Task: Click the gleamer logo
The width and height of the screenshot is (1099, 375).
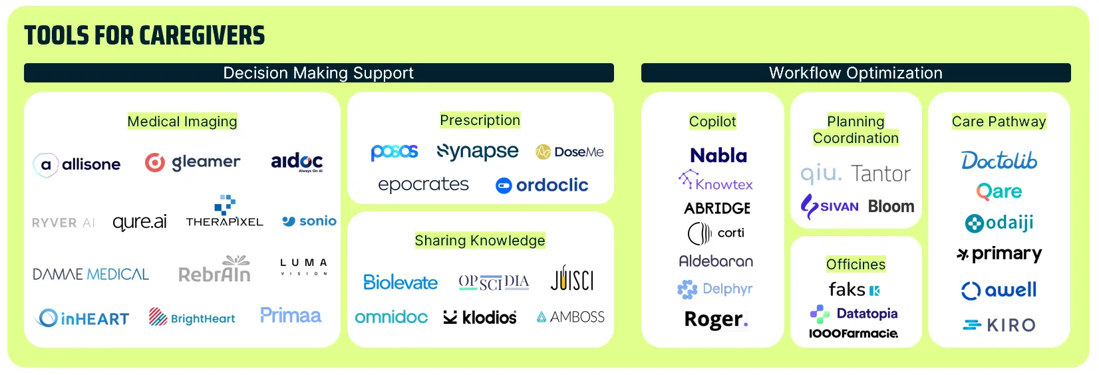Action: [193, 162]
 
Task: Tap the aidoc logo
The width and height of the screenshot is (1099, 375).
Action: [297, 162]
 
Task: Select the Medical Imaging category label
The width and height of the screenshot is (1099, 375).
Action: [182, 122]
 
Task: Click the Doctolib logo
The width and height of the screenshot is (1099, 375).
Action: [999, 160]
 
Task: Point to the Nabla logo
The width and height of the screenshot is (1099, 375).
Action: [718, 156]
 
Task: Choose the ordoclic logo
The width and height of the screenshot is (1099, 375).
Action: [542, 185]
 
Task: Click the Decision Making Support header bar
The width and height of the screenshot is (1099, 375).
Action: [319, 73]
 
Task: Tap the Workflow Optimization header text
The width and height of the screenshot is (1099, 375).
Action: [856, 73]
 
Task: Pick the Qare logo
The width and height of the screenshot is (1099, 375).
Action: [999, 191]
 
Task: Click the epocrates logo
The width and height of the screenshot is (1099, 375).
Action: [423, 184]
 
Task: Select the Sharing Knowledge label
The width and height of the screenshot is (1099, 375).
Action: [480, 241]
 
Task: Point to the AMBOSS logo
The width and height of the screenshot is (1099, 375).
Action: [571, 317]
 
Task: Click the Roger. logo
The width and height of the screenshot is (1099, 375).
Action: [716, 320]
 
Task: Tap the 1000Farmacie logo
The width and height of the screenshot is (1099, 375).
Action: [854, 333]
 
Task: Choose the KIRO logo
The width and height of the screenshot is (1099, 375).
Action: [999, 325]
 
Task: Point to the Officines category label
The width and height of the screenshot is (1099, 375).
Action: [856, 265]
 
